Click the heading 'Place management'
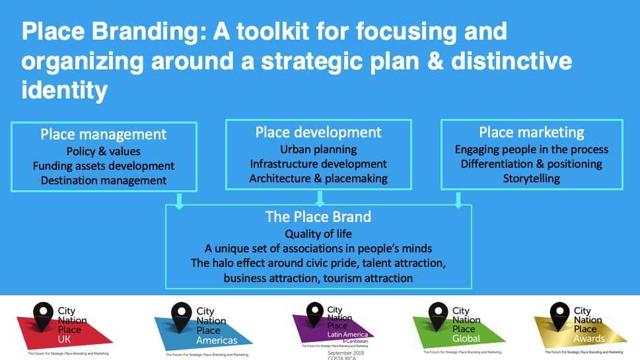pos(104,135)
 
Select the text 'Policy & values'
pos(104,151)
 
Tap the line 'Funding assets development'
pos(104,166)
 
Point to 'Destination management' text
pos(104,180)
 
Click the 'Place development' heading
pos(318,133)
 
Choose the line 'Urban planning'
pos(318,149)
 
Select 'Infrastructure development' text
pos(318,164)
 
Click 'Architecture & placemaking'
pos(318,178)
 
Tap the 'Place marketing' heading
pos(532,133)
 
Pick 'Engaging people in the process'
pos(532,149)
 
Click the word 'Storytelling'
pos(532,178)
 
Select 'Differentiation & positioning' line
pos(532,164)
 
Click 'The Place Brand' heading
pos(318,217)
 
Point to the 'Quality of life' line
pos(318,234)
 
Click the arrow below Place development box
pos(320,198)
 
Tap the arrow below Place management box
pos(179,199)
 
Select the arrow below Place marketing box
pos(458,199)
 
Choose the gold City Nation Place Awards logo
pos(579,327)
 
